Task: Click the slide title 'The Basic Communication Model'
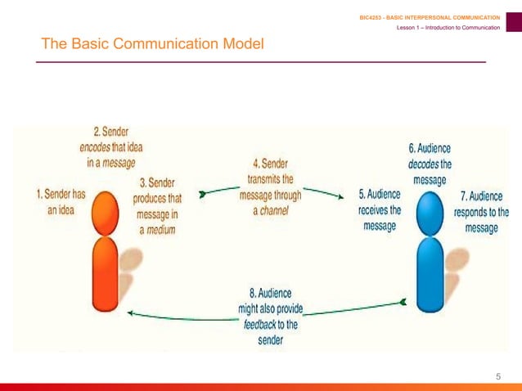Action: pyautogui.click(x=152, y=43)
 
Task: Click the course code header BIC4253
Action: pyautogui.click(x=430, y=17)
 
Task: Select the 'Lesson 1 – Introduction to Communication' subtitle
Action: pyautogui.click(x=448, y=29)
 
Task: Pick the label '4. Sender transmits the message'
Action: pyautogui.click(x=270, y=187)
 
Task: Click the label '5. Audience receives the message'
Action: pyautogui.click(x=380, y=209)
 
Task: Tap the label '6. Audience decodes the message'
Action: pyautogui.click(x=430, y=164)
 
